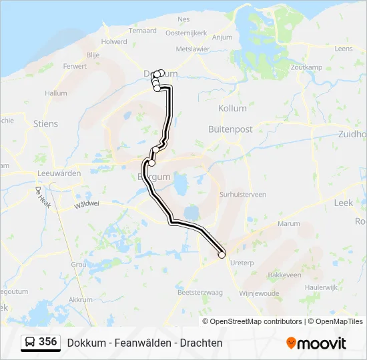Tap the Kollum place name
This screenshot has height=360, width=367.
(232, 108)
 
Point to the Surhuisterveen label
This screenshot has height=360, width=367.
(243, 195)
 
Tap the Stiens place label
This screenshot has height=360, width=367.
(45, 124)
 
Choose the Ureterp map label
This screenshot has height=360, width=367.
(242, 263)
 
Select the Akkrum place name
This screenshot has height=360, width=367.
(80, 300)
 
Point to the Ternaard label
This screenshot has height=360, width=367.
(143, 31)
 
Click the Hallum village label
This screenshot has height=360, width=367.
(56, 93)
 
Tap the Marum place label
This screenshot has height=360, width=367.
(289, 224)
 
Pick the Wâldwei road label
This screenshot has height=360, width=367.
(87, 203)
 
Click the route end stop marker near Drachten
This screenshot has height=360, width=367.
(222, 253)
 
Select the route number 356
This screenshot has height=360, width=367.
(47, 342)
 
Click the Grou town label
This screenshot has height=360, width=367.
(78, 264)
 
